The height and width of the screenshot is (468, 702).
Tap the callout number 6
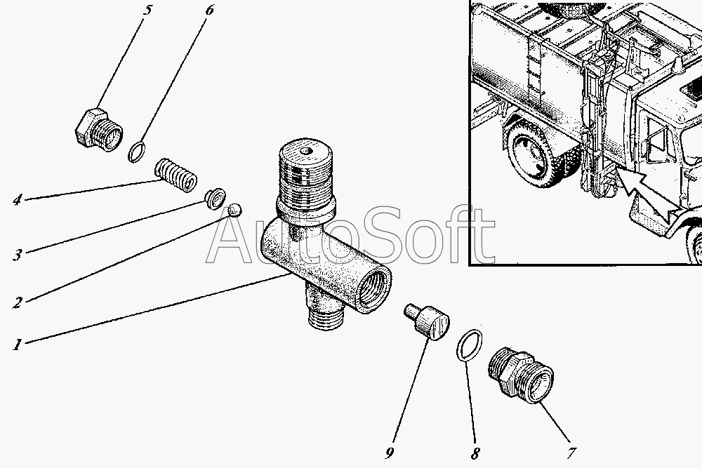tap(209, 10)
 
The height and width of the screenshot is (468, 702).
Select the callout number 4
tap(17, 199)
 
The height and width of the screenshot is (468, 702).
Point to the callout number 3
tap(17, 255)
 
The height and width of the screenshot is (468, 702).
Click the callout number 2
tap(17, 303)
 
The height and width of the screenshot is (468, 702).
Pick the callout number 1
tap(17, 345)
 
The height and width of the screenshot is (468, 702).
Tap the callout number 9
tap(390, 453)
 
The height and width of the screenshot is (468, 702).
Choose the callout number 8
tap(475, 453)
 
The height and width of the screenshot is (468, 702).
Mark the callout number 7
tap(571, 453)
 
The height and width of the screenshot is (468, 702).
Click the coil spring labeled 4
tap(175, 175)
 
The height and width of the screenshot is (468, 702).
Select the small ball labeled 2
tap(235, 209)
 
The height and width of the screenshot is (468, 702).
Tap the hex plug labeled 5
tap(98, 130)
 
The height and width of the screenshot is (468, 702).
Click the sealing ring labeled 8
tap(470, 345)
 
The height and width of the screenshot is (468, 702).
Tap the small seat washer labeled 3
tap(215, 198)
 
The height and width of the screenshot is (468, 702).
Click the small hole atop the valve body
tap(306, 152)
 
